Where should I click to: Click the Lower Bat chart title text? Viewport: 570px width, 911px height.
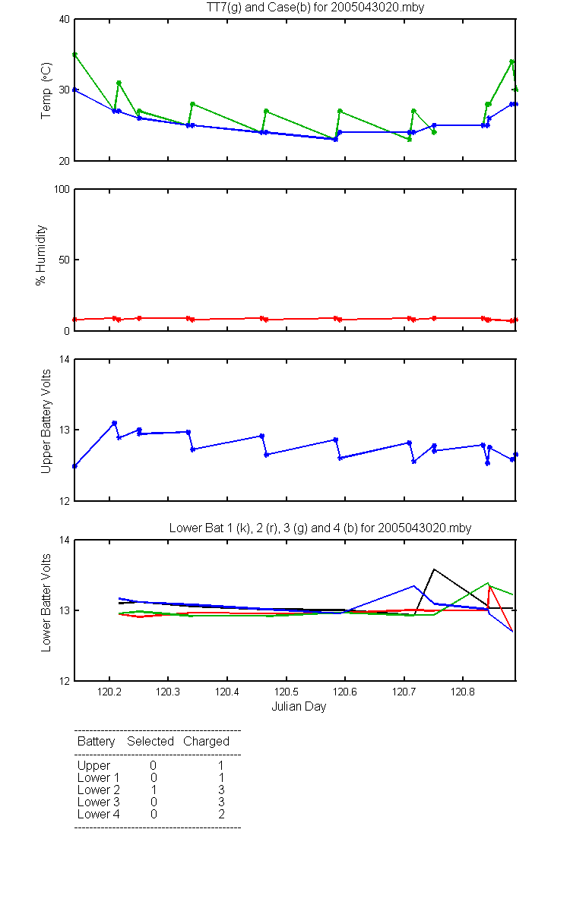pos(320,528)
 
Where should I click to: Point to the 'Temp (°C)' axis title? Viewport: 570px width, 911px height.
pos(46,90)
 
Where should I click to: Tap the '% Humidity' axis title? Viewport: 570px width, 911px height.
pos(41,255)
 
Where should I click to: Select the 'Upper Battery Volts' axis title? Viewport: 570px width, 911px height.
pos(46,421)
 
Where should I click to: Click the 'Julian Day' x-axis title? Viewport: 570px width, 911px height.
pos(299,707)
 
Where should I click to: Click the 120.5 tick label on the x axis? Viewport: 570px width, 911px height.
pos(286,692)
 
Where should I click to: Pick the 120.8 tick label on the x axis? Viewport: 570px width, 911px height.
pos(463,692)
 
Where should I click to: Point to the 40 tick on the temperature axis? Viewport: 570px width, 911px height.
pos(65,20)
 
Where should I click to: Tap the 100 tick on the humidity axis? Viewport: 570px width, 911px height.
pos(62,190)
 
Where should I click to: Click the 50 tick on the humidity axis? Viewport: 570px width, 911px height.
pos(65,260)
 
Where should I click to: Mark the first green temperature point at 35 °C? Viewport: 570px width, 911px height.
pos(74,55)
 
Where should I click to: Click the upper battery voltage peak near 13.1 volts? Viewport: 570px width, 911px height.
pos(115,423)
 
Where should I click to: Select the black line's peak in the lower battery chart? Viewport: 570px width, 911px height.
pos(434,569)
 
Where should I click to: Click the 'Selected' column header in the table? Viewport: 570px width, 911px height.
pos(150,742)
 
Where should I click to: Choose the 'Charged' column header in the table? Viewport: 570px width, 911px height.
pos(206,742)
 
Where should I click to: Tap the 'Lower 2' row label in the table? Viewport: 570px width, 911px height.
pos(99,790)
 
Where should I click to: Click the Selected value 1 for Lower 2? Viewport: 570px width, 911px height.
pos(154,790)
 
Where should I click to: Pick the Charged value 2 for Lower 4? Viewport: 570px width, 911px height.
pos(221,814)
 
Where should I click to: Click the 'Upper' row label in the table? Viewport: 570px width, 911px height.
pos(93,766)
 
